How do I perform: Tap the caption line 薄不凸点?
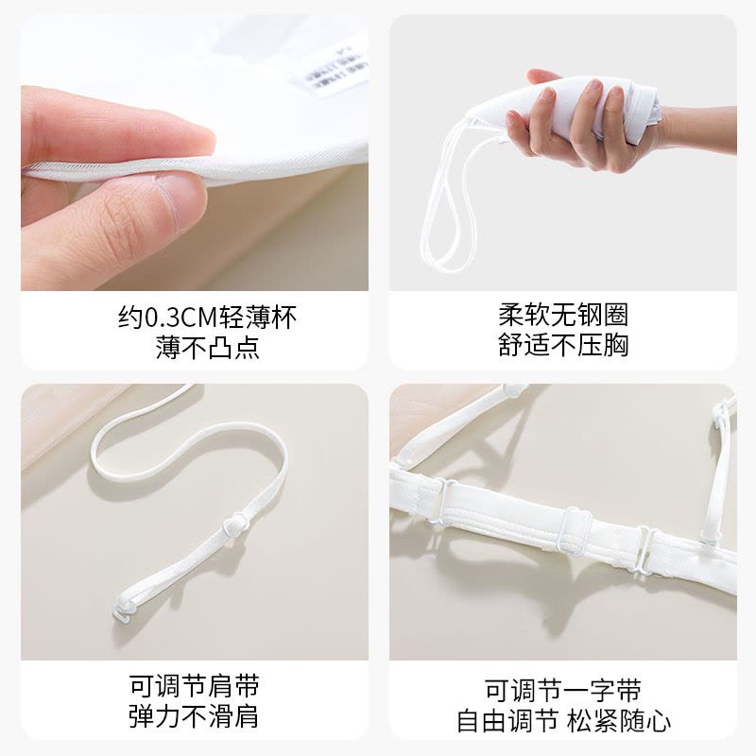click(207, 348)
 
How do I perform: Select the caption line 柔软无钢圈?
click(563, 315)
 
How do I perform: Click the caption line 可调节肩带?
click(194, 685)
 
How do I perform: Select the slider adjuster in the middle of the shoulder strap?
click(232, 523)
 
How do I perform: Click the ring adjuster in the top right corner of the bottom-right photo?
click(723, 409)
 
